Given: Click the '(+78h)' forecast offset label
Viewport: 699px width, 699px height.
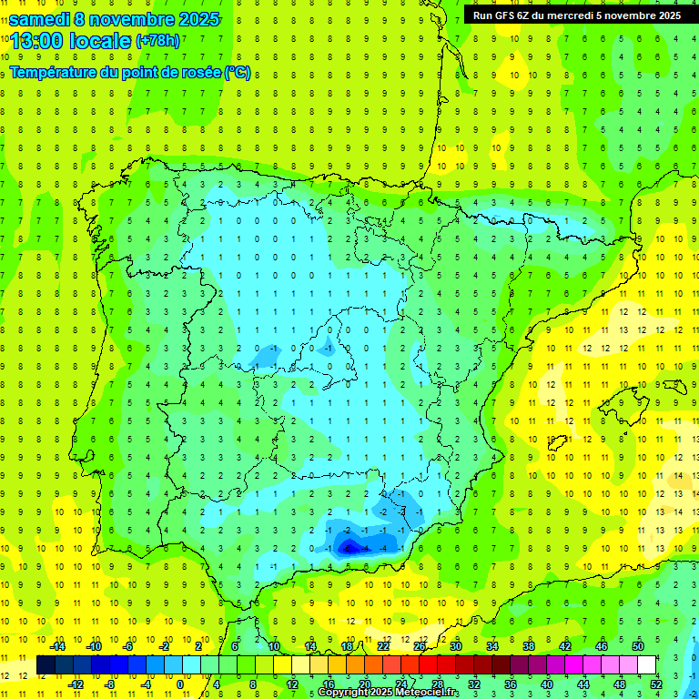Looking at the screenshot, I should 157,41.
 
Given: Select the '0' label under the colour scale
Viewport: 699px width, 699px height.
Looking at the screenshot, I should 180,684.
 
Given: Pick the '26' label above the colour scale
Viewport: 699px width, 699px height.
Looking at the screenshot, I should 420,646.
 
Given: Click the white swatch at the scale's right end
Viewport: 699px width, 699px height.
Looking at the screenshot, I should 646,665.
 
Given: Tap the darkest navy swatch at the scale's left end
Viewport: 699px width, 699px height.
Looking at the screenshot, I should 46,665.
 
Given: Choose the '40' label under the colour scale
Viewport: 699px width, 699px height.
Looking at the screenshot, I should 546,684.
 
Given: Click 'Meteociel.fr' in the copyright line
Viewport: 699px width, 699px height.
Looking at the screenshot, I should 427,693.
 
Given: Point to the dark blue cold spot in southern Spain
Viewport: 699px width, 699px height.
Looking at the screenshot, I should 349,546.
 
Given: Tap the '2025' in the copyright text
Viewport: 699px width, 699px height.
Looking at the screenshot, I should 381,693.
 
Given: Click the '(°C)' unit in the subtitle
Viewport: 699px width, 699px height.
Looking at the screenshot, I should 238,73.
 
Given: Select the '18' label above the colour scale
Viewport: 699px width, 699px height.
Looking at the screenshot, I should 347,646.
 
